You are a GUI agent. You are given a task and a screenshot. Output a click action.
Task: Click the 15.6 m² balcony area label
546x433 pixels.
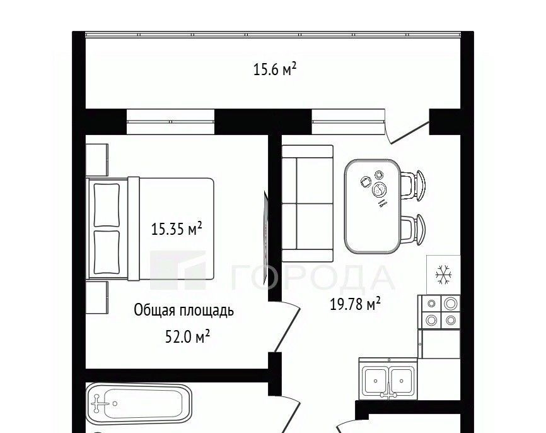pyautogui.click(x=274, y=69)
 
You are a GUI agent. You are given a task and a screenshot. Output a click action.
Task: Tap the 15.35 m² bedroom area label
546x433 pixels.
pyautogui.click(x=177, y=229)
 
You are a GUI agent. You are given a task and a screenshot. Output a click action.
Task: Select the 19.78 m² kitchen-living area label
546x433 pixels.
pyautogui.click(x=355, y=304)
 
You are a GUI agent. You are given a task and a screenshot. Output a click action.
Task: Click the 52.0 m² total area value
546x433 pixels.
pyautogui.click(x=187, y=337)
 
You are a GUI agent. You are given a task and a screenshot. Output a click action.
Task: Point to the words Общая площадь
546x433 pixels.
pyautogui.click(x=184, y=311)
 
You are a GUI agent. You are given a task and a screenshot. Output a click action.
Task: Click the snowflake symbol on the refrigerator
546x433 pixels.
pyautogui.click(x=444, y=275)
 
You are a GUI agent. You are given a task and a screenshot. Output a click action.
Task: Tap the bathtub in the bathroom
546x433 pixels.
pyautogui.click(x=139, y=403)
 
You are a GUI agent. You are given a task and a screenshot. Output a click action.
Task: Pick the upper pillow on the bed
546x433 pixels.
pyautogui.click(x=107, y=205)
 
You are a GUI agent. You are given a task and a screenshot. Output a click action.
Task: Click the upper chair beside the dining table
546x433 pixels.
pyautogui.click(x=414, y=186)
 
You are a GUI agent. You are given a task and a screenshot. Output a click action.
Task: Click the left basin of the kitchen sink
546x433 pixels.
pyautogui.click(x=375, y=381)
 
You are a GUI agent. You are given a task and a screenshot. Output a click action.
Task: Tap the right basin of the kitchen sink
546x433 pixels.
pyautogui.click(x=402, y=381)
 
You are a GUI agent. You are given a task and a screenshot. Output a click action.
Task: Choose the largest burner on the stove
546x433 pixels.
pyautogui.click(x=450, y=304)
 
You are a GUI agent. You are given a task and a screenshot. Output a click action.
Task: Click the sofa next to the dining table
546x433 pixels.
pyautogui.click(x=308, y=203)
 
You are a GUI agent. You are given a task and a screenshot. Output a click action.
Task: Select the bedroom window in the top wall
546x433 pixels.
pyautogui.click(x=170, y=121)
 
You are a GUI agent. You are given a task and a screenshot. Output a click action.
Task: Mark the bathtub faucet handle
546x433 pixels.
pyautogui.click(x=97, y=404)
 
